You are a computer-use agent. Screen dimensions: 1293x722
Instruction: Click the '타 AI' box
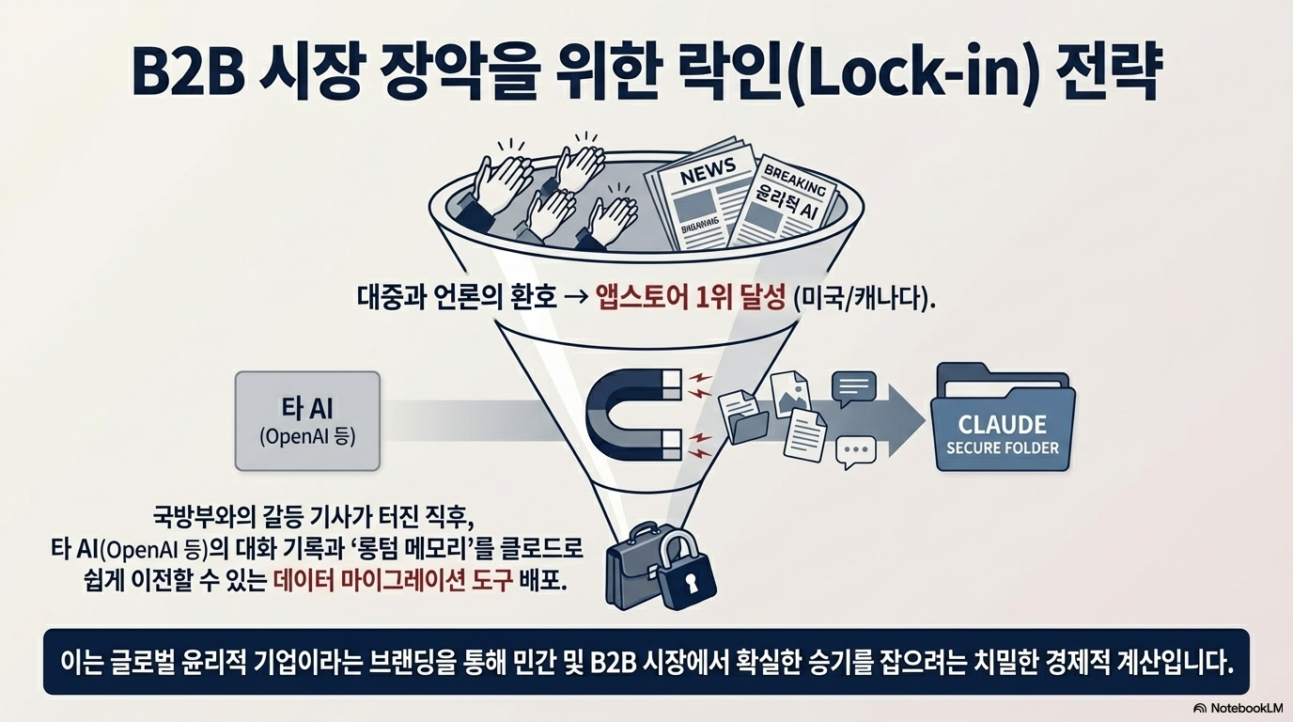click(x=307, y=420)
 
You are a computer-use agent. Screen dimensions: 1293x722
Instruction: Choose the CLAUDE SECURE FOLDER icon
click(x=1002, y=420)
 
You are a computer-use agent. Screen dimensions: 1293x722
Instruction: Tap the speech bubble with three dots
click(x=855, y=451)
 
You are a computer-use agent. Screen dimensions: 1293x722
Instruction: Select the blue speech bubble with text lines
click(x=854, y=386)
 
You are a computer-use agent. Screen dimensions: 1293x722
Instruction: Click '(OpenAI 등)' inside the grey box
click(x=307, y=437)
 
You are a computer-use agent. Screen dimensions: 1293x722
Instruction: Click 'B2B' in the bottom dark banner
click(x=614, y=661)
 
